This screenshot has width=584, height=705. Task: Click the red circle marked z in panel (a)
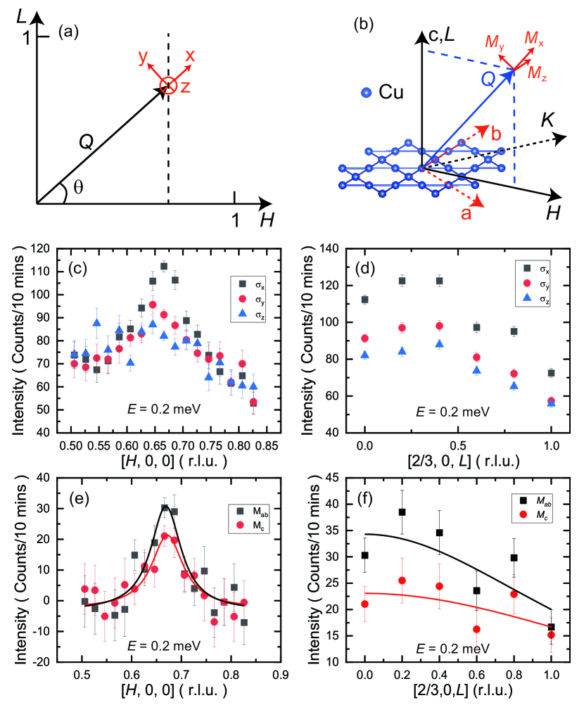click(167, 86)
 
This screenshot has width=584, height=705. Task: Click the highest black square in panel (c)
click(164, 267)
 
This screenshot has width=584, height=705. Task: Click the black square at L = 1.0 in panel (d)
click(551, 373)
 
